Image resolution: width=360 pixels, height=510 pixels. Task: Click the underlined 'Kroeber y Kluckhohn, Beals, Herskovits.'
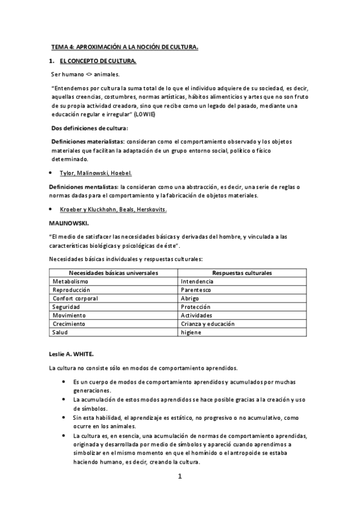coord(113,209)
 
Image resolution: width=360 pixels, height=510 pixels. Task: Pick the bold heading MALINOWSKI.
coord(70,223)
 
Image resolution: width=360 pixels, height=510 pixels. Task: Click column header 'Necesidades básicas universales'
coord(114,273)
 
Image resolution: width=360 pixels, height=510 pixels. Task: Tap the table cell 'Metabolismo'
coord(70,281)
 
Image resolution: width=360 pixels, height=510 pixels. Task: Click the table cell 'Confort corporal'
coord(76,298)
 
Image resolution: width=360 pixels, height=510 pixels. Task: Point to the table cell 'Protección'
coord(195,307)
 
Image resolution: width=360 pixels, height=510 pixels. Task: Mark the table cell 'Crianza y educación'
coord(207,324)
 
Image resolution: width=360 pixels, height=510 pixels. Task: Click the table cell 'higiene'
coord(191,332)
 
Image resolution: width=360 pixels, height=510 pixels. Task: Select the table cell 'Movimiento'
coord(69,315)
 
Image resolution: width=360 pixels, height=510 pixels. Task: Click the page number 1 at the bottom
coord(179,477)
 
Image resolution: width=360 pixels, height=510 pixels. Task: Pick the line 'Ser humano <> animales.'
coord(85,75)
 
